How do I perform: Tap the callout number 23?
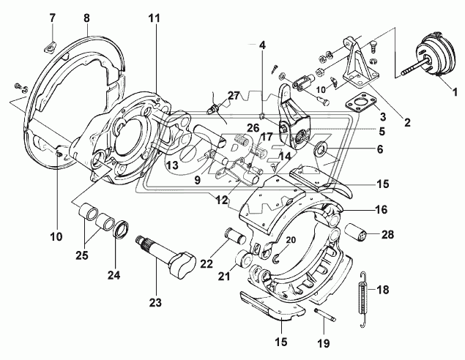pyautogui.click(x=155, y=302)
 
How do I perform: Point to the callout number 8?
pyautogui.click(x=86, y=18)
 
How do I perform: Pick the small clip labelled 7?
pyautogui.click(x=49, y=47)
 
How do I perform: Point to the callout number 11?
pyautogui.click(x=154, y=18)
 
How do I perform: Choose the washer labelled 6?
pyautogui.click(x=321, y=147)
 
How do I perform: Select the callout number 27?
pyautogui.click(x=234, y=96)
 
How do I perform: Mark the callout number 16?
pyautogui.click(x=382, y=209)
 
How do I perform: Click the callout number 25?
pyautogui.click(x=82, y=255)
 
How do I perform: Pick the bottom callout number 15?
pyautogui.click(x=281, y=342)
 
